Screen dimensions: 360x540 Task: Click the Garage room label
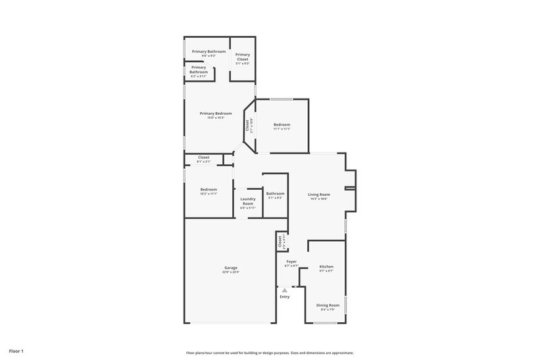(231, 268)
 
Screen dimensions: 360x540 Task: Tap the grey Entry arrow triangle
(284, 290)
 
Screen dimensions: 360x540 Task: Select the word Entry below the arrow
(284, 297)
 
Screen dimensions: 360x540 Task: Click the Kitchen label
(326, 267)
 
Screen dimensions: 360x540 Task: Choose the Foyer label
(292, 261)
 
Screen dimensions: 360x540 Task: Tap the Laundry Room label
(248, 201)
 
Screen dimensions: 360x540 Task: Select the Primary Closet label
(242, 56)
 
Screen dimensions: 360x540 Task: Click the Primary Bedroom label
(216, 113)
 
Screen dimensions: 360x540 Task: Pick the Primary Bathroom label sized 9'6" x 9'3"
(209, 52)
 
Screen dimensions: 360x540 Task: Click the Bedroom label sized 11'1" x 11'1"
(281, 125)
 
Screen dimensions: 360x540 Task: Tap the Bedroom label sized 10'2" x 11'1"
(209, 189)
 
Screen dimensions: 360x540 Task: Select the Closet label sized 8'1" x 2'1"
(203, 157)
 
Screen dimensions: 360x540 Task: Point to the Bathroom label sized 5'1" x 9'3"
(275, 194)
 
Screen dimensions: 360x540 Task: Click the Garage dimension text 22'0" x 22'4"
(231, 272)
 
